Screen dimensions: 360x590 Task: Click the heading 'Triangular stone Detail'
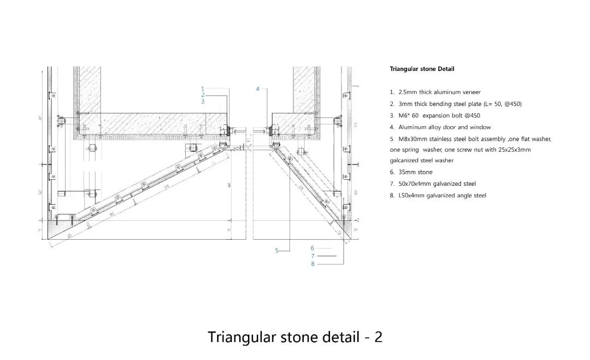[x=422, y=69]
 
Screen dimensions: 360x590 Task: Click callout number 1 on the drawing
[x=202, y=88]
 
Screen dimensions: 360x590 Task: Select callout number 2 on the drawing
[x=202, y=95]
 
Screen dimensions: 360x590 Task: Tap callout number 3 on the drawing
[x=202, y=101]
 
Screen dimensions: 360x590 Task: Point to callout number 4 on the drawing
[x=258, y=88]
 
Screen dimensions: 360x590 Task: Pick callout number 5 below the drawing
[x=277, y=251]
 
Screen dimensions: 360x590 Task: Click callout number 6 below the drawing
[x=312, y=248]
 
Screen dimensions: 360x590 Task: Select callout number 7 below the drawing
[x=312, y=256]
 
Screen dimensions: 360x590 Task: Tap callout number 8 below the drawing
[x=312, y=264]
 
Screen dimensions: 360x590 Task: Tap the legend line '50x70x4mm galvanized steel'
[x=437, y=184]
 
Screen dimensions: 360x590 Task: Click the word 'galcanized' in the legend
[x=403, y=161]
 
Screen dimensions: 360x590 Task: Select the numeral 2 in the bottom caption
[x=378, y=337]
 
